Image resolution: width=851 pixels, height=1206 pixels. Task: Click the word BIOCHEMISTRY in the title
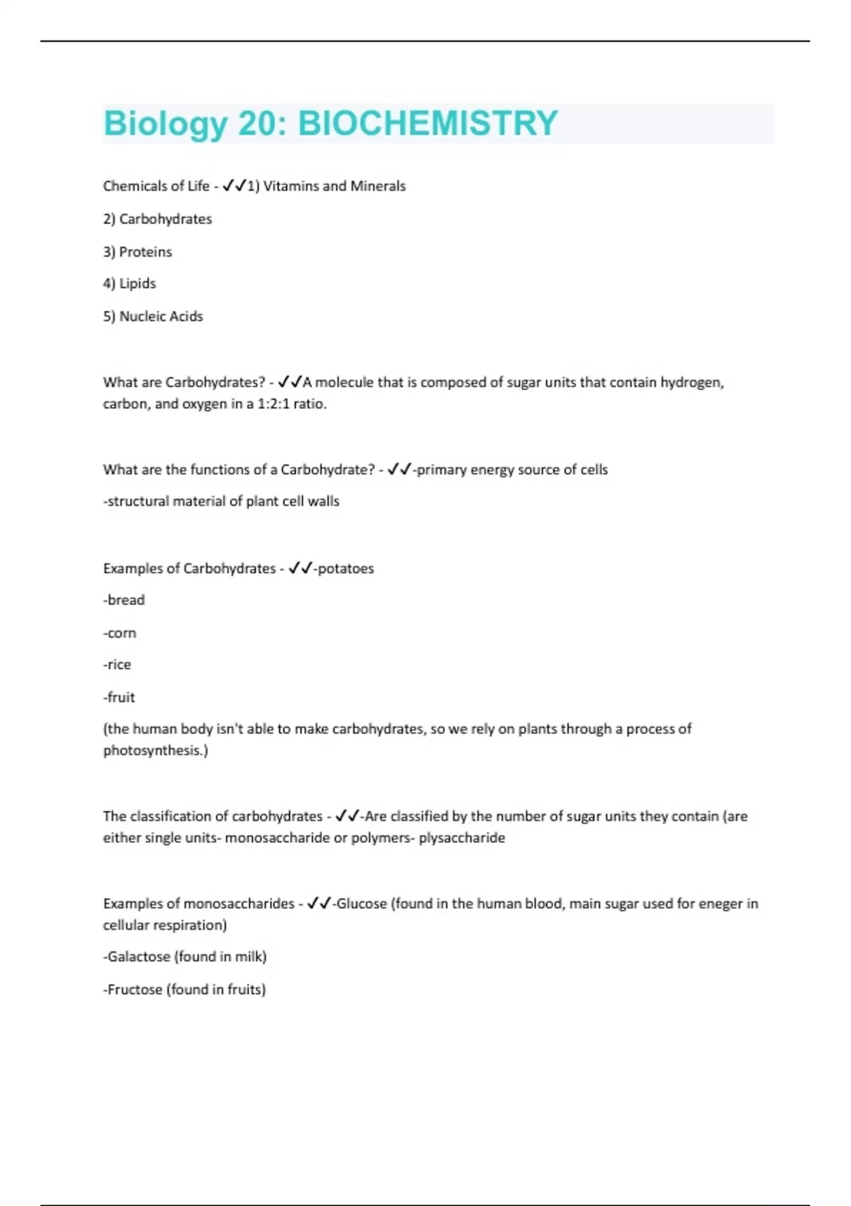(428, 123)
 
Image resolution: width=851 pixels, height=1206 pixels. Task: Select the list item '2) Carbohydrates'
(157, 219)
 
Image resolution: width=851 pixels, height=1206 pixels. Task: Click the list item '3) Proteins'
(138, 252)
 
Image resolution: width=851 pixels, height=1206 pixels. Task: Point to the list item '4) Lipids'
(129, 284)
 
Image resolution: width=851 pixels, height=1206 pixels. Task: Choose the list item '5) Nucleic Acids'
(153, 316)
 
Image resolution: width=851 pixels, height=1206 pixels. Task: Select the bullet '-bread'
(124, 600)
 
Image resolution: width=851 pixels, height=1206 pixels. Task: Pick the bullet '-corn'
(120, 633)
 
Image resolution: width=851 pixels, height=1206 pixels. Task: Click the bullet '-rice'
(117, 665)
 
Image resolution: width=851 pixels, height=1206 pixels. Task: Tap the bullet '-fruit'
(119, 697)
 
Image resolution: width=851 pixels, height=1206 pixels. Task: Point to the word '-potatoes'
(343, 568)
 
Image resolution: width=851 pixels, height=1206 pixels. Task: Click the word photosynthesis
(153, 751)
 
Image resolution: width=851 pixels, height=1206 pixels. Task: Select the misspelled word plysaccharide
(462, 838)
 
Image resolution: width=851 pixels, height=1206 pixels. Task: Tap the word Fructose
(135, 990)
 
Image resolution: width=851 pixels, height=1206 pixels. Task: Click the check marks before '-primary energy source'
(399, 470)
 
